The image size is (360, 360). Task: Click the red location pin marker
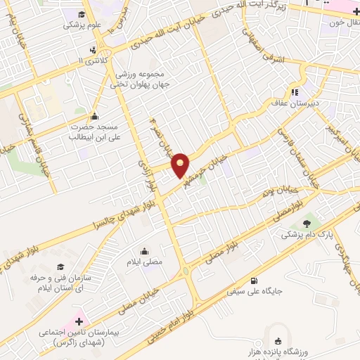[181, 165]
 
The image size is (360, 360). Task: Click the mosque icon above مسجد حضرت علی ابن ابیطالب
[94, 116]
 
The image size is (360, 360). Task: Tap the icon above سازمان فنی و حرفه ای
[61, 267]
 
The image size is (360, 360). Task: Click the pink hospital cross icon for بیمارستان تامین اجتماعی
[79, 321]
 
